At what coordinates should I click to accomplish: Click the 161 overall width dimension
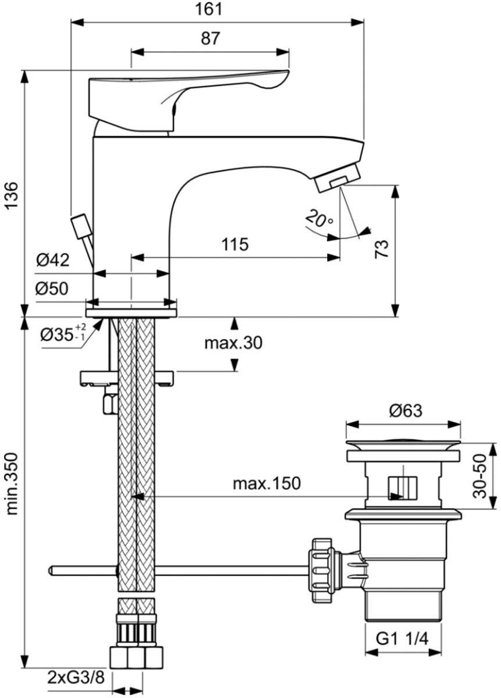[208, 9]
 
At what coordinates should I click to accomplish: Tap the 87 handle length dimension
[210, 38]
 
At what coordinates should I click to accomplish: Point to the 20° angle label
[319, 218]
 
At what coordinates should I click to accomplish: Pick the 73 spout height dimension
[381, 248]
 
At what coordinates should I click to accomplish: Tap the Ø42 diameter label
[52, 259]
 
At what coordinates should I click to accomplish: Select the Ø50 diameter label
[52, 289]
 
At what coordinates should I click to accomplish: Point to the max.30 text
[233, 343]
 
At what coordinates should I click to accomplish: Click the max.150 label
[267, 483]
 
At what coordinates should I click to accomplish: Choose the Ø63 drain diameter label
[406, 411]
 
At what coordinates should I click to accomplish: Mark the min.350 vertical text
[12, 483]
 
